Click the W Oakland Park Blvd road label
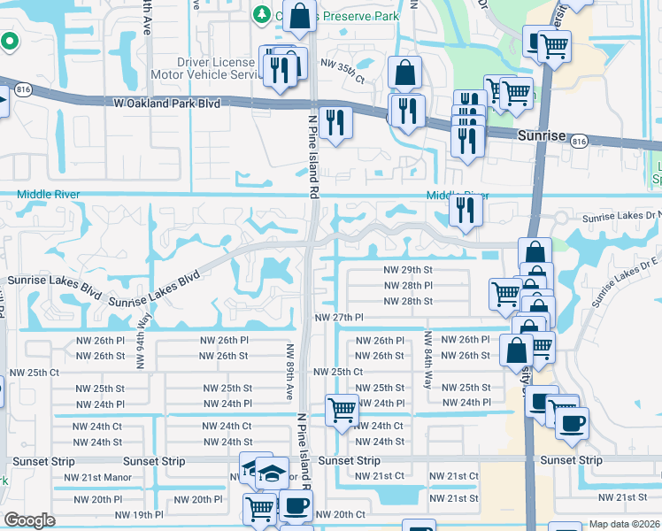tap(166, 104)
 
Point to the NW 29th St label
tap(407, 270)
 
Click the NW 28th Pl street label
tap(407, 286)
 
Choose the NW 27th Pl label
tap(340, 318)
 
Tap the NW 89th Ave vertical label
tap(290, 371)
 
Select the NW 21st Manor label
tap(94, 478)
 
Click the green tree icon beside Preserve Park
tap(263, 14)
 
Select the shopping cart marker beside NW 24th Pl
tap(342, 409)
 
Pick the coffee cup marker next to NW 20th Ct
tap(295, 506)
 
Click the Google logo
tap(30, 520)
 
